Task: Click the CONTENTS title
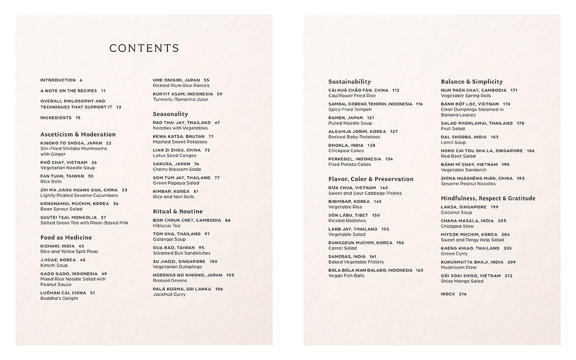[x=144, y=48]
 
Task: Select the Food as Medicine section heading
[x=66, y=237]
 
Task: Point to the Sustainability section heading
[x=349, y=82]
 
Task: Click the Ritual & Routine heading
[x=177, y=211]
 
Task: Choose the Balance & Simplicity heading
[x=471, y=82]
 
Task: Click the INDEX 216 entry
[x=454, y=294]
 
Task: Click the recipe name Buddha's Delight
[x=59, y=298]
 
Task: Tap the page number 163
[x=420, y=271]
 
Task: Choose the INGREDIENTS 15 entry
[x=60, y=118]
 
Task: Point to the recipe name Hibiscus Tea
[x=166, y=225]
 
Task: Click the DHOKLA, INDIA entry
[x=352, y=145]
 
